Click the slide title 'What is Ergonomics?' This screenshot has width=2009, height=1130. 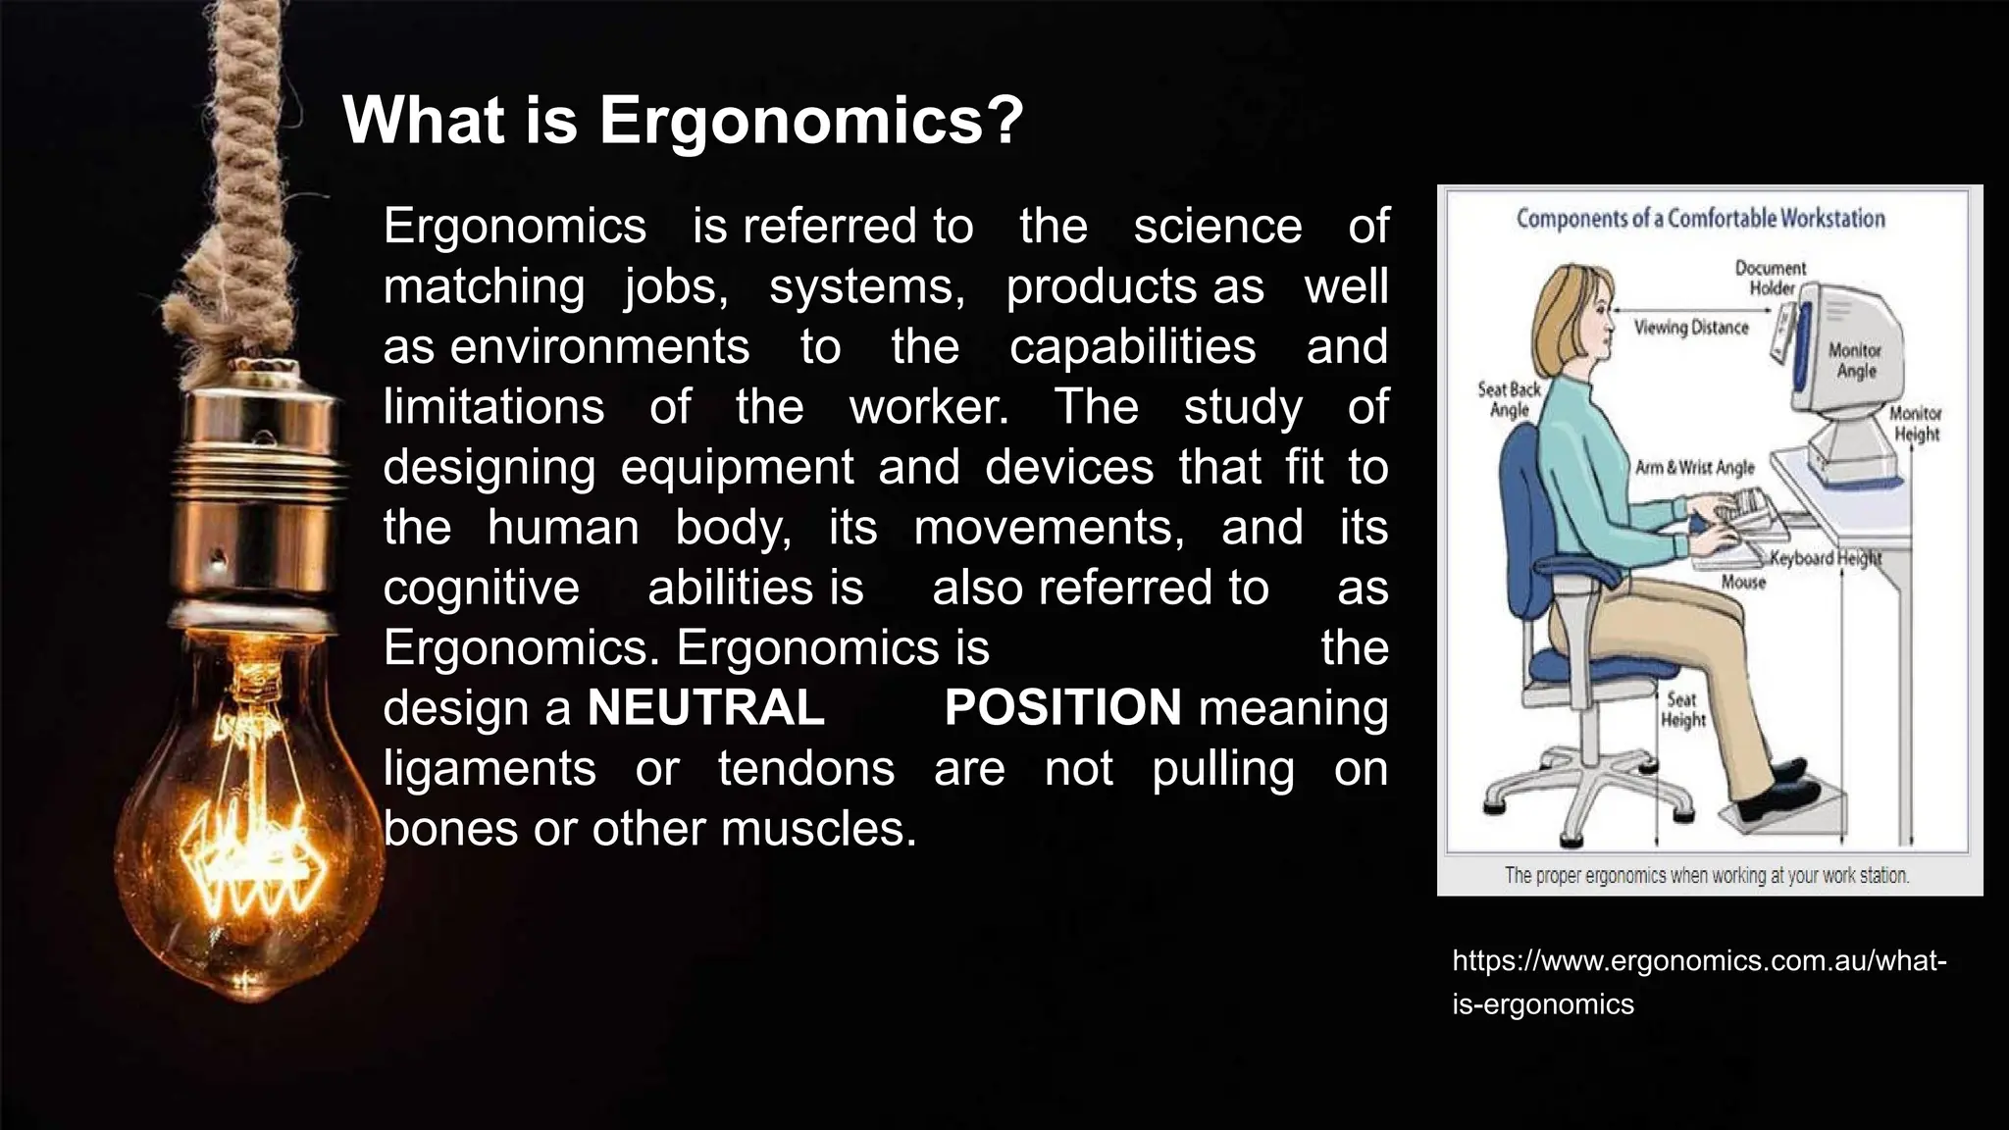pyautogui.click(x=683, y=121)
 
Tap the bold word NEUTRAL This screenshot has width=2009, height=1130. pyautogui.click(x=705, y=708)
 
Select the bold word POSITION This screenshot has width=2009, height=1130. pyautogui.click(x=1062, y=708)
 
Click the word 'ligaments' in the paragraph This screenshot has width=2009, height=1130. pyautogui.click(x=489, y=768)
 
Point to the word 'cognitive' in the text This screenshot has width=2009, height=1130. pyautogui.click(x=481, y=588)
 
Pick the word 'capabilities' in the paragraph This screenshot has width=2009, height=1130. pyautogui.click(x=1132, y=347)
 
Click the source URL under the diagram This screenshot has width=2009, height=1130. pyautogui.click(x=1698, y=982)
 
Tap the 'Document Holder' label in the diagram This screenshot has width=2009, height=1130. pyautogui.click(x=1771, y=278)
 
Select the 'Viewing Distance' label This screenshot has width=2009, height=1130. pyautogui.click(x=1691, y=328)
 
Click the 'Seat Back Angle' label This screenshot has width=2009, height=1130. pyautogui.click(x=1509, y=399)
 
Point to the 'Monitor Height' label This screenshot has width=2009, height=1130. pyautogui.click(x=1916, y=424)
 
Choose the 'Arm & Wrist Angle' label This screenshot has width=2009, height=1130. pyautogui.click(x=1694, y=468)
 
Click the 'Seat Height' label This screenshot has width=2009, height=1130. pyautogui.click(x=1682, y=710)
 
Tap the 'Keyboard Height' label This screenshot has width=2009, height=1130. pyautogui.click(x=1826, y=559)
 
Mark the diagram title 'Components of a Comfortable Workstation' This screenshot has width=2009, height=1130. pyautogui.click(x=1701, y=218)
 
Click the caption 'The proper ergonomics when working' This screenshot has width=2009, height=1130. pyautogui.click(x=1707, y=875)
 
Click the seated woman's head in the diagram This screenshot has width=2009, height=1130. pyautogui.click(x=1575, y=315)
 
